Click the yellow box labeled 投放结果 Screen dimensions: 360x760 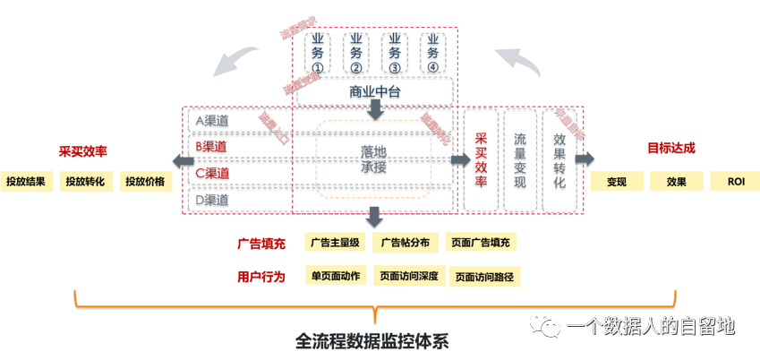point(25,181)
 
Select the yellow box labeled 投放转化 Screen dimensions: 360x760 point(85,181)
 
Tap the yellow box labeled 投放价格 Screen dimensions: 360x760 point(145,181)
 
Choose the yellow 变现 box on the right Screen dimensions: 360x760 point(616,181)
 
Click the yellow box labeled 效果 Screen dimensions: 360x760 point(676,181)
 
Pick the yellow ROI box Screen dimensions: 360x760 point(736,181)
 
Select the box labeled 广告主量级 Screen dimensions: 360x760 point(335,242)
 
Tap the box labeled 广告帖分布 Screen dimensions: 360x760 point(406,242)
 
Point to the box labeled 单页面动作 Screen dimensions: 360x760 point(336,276)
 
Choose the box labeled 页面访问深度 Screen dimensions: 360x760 point(408,276)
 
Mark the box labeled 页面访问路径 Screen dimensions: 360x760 point(484,277)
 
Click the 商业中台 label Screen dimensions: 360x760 point(374,91)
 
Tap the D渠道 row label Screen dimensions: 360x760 point(212,200)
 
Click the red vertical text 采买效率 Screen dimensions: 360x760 point(481,160)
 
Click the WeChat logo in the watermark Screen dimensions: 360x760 point(543,325)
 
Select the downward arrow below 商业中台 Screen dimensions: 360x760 point(376,108)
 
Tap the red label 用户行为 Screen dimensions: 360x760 point(261,277)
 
